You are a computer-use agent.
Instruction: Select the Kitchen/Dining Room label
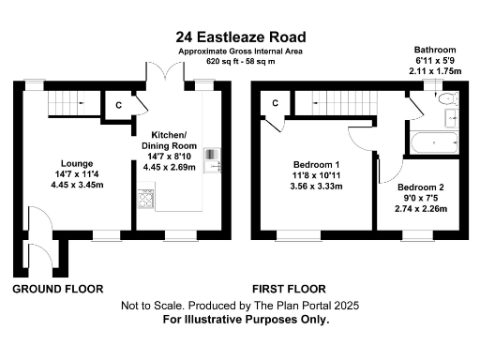click(x=170, y=141)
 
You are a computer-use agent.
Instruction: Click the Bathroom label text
click(x=435, y=49)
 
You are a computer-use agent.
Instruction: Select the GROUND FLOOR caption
click(x=57, y=288)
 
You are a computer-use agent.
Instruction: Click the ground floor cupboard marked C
click(x=119, y=105)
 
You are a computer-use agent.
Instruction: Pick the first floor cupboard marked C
click(x=276, y=102)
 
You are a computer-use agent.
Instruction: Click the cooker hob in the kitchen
click(x=146, y=197)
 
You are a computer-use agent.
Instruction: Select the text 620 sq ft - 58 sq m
click(x=240, y=61)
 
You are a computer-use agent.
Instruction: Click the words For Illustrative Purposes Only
click(x=247, y=319)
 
